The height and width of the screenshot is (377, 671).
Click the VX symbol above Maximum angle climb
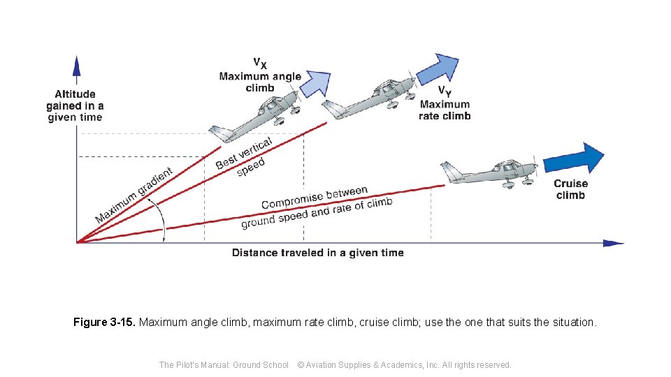point(259,63)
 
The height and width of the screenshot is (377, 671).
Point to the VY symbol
point(444,91)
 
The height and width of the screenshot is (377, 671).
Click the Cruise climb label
point(570,189)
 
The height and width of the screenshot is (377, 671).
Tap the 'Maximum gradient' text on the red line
point(134,196)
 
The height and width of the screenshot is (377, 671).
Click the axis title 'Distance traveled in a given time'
point(317,253)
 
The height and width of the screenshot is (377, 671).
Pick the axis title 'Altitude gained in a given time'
point(75,105)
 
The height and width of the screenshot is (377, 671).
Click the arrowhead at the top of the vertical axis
point(77,66)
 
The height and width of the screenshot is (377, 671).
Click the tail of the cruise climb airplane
point(450,170)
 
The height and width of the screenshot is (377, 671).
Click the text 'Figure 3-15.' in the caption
point(105,323)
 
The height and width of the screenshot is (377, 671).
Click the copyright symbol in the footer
point(301,365)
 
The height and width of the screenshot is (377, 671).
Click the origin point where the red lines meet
point(78,242)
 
